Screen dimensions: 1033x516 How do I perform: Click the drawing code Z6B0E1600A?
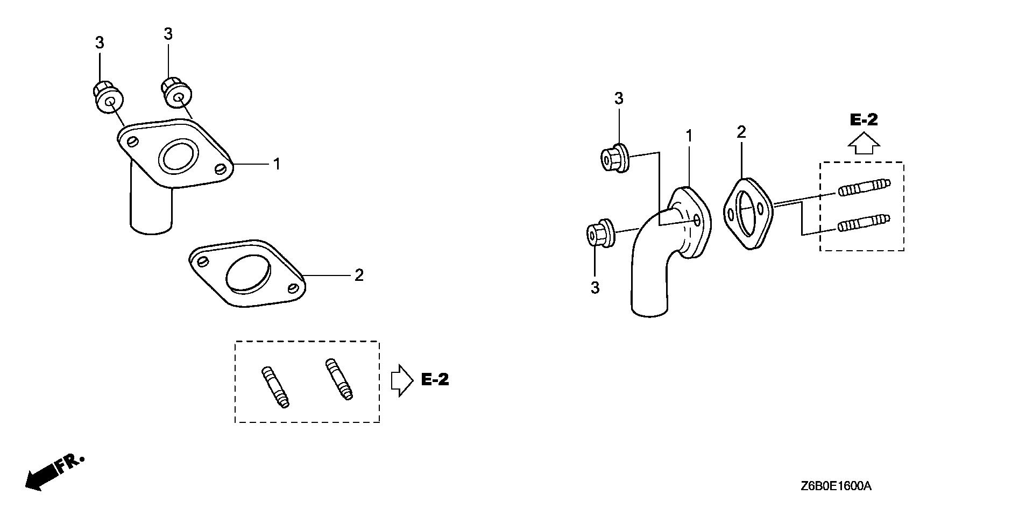[836, 486]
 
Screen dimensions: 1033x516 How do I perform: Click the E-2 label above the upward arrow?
[864, 119]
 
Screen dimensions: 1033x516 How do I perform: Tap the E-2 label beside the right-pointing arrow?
[434, 380]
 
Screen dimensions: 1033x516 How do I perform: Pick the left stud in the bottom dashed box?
[275, 387]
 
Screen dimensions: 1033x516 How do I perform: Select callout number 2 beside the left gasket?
[359, 275]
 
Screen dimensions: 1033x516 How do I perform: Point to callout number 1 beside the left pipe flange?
[277, 164]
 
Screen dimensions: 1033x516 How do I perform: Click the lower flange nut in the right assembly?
[600, 234]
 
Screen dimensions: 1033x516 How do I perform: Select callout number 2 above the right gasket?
[741, 132]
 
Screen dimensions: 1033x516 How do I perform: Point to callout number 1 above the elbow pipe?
[689, 137]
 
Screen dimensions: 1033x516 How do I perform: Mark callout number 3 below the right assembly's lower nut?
[595, 288]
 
